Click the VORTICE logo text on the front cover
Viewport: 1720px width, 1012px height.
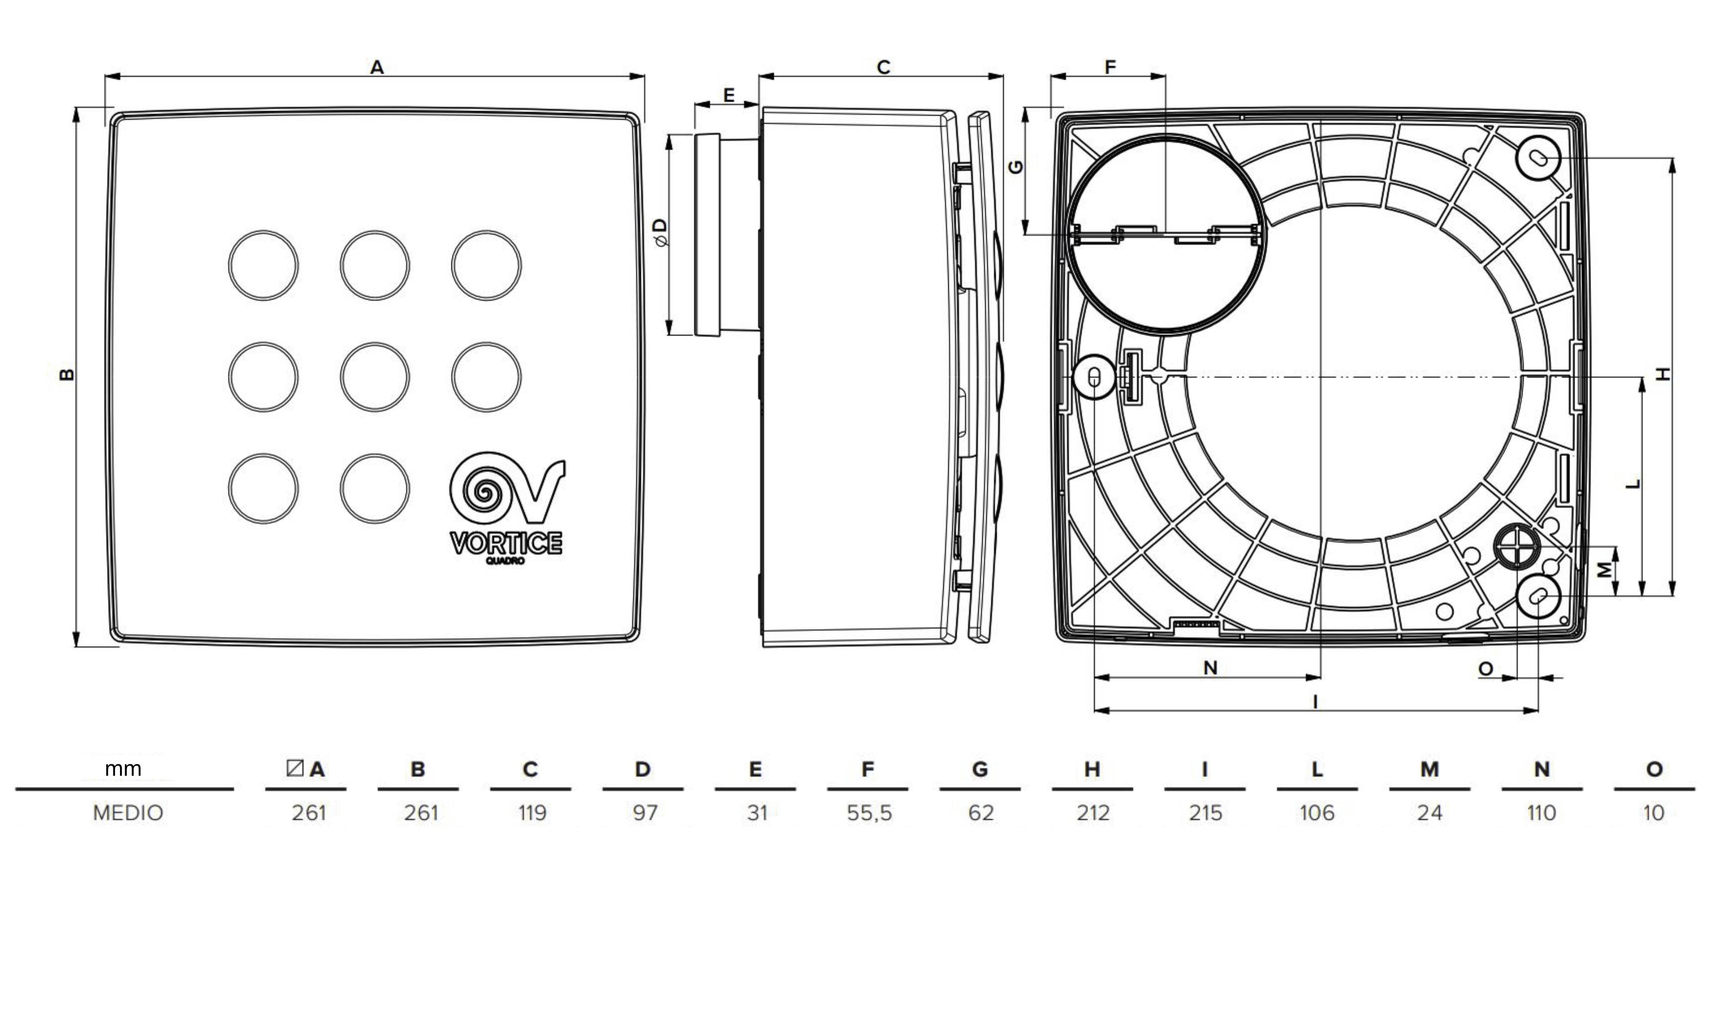pyautogui.click(x=506, y=543)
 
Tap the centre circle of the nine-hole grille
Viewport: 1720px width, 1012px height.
pyautogui.click(x=375, y=377)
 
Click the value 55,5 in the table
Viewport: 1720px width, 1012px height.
pyautogui.click(x=869, y=813)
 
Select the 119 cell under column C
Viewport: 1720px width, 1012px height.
pyautogui.click(x=532, y=813)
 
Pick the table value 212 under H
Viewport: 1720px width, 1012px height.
pyautogui.click(x=1093, y=813)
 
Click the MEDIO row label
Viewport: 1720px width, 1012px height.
pyautogui.click(x=128, y=813)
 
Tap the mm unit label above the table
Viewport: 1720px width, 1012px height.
pyautogui.click(x=123, y=769)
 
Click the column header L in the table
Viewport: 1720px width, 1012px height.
pyautogui.click(x=1316, y=769)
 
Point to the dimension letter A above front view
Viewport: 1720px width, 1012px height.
pyautogui.click(x=377, y=68)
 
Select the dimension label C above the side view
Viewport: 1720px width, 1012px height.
pyautogui.click(x=883, y=68)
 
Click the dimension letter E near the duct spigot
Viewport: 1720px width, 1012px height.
pyautogui.click(x=728, y=95)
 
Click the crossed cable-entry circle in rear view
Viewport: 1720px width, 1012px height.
pyautogui.click(x=1517, y=546)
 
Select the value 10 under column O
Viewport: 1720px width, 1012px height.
pyautogui.click(x=1653, y=813)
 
